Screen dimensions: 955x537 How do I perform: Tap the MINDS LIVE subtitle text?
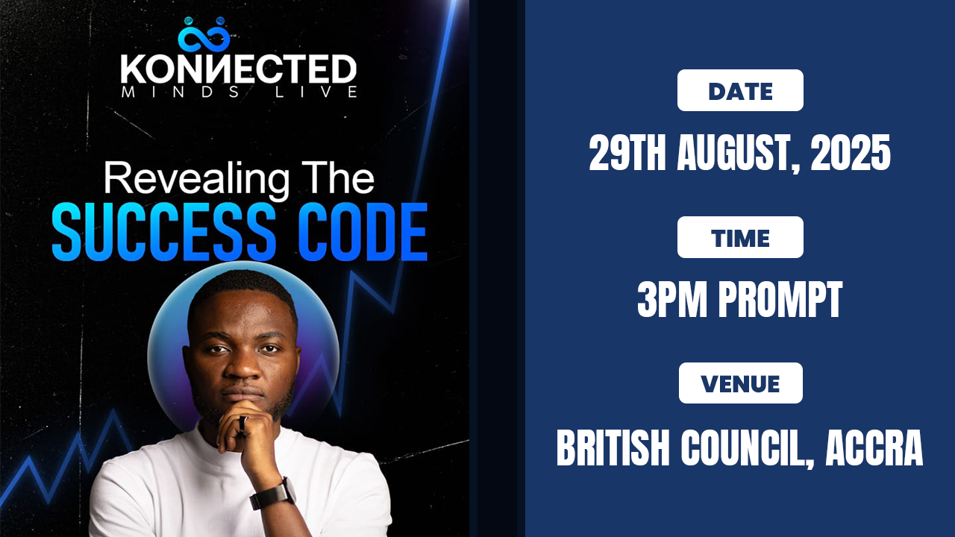pyautogui.click(x=239, y=92)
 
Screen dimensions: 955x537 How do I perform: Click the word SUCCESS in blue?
pyautogui.click(x=163, y=232)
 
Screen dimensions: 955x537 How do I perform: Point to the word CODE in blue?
pyautogui.click(x=363, y=232)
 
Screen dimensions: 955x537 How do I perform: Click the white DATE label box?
pyautogui.click(x=740, y=90)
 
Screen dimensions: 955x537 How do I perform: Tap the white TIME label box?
pyautogui.click(x=740, y=237)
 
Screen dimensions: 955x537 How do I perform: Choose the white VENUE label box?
pyautogui.click(x=741, y=383)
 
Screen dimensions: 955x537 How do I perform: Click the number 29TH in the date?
pyautogui.click(x=627, y=153)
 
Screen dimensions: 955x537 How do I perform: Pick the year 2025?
pyautogui.click(x=851, y=153)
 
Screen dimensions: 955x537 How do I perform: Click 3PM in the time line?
pyautogui.click(x=672, y=299)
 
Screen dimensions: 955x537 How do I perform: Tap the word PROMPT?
pyautogui.click(x=780, y=299)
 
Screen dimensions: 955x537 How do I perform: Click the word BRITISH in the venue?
pyautogui.click(x=613, y=448)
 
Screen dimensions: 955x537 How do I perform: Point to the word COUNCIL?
pyautogui.click(x=748, y=449)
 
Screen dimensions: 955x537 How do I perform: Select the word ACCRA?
pyautogui.click(x=874, y=448)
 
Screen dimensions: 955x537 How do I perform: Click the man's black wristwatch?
pyautogui.click(x=273, y=494)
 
